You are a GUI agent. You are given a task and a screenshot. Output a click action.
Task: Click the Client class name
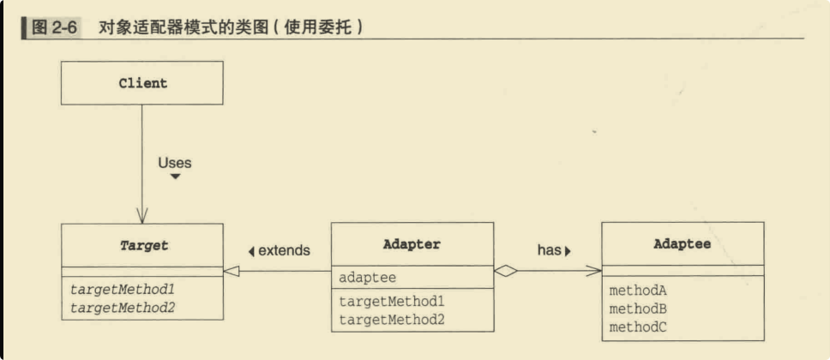(143, 83)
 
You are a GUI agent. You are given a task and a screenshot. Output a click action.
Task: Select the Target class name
(144, 246)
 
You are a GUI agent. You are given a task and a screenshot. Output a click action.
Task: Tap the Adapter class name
(412, 244)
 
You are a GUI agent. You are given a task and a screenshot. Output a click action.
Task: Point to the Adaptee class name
(683, 244)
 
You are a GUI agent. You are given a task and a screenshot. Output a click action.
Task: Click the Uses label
(175, 163)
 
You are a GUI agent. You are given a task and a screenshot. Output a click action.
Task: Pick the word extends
(284, 250)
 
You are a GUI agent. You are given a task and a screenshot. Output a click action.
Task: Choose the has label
(549, 250)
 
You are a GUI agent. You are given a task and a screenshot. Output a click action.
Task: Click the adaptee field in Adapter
(367, 278)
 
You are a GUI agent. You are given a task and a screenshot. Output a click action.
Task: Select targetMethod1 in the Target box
(123, 290)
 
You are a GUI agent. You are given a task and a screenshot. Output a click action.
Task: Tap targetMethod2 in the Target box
(123, 308)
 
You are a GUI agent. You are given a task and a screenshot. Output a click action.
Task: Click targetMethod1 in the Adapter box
(392, 302)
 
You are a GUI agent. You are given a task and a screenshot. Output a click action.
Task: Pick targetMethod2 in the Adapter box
(392, 320)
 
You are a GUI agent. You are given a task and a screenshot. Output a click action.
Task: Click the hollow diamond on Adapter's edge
(506, 271)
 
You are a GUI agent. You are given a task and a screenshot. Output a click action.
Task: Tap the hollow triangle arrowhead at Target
(232, 271)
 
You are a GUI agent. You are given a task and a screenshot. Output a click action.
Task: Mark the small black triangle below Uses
(175, 177)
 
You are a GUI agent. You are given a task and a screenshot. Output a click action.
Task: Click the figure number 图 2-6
(55, 27)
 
